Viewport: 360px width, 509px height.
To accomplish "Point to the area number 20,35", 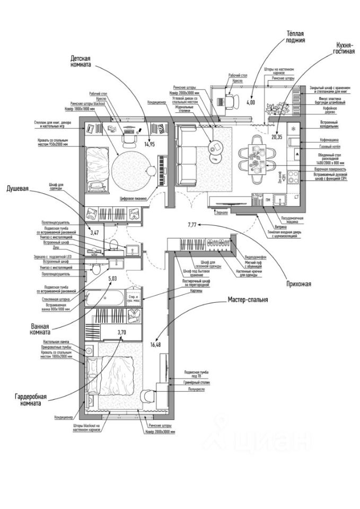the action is click(275, 136).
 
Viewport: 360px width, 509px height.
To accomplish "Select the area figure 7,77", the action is click(192, 225).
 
